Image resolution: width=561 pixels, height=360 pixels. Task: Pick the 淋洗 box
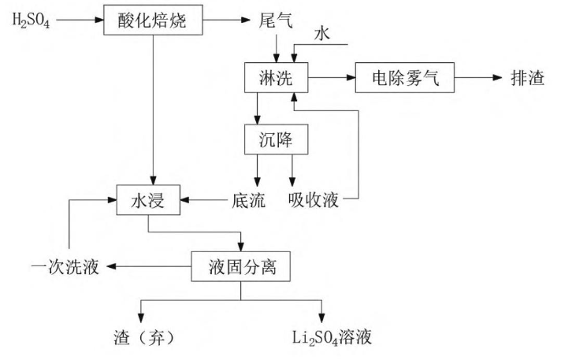tap(276, 79)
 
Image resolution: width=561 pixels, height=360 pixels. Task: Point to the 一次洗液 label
tap(66, 268)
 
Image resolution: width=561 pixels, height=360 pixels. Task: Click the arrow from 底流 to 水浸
tap(203, 200)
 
